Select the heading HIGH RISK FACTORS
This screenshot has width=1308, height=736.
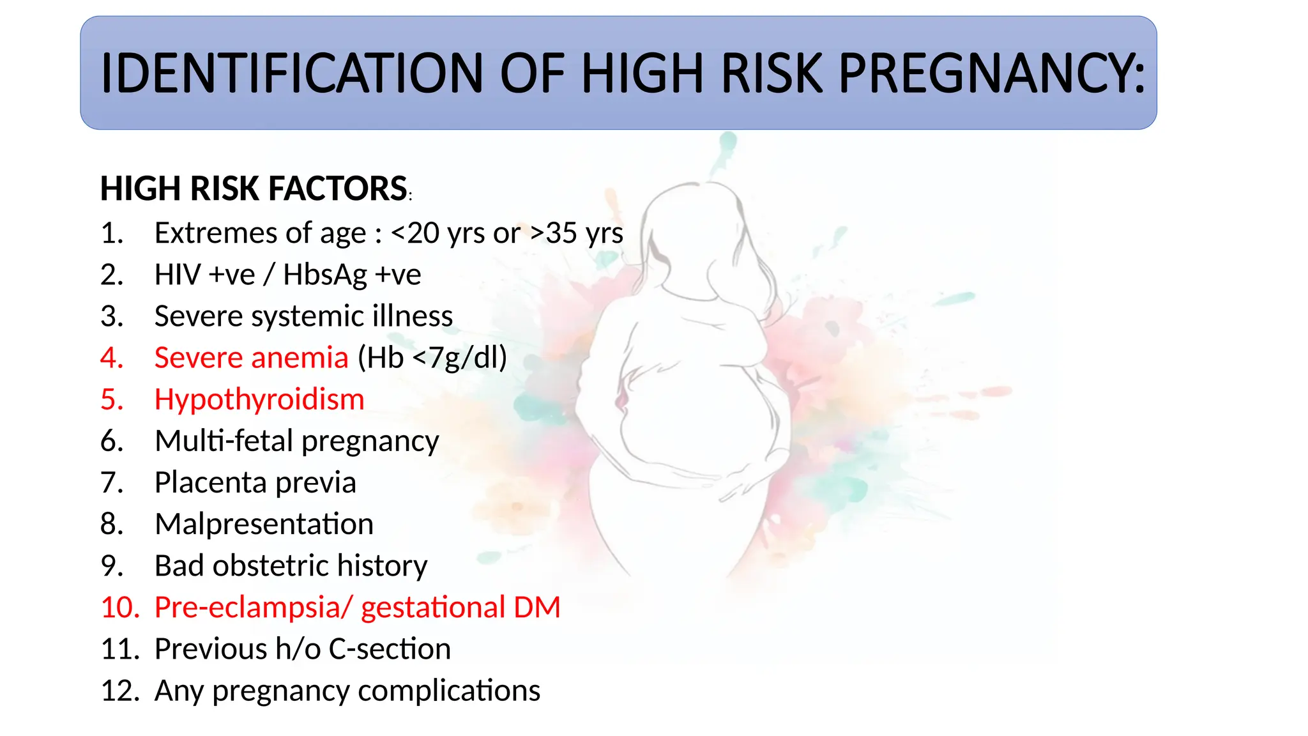tap(254, 189)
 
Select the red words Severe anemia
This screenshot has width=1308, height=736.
tap(251, 358)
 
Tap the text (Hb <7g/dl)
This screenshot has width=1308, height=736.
tap(432, 358)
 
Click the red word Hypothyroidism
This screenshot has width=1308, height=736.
tap(259, 399)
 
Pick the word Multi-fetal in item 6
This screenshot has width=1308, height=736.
tap(224, 441)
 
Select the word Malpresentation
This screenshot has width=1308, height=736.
tap(264, 524)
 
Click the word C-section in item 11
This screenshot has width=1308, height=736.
tap(390, 649)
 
